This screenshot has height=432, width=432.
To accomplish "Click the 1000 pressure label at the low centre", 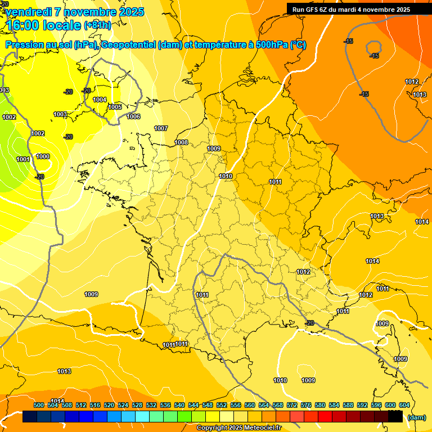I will [x=43, y=156].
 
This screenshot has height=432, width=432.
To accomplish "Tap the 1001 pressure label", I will [x=23, y=159].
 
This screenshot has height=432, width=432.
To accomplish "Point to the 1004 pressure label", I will [x=100, y=100].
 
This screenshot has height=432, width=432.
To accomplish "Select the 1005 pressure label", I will [x=115, y=107].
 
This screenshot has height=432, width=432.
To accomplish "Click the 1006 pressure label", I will [x=133, y=116].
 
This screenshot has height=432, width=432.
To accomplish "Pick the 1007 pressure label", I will [x=161, y=128].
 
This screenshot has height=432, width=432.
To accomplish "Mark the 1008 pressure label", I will [x=181, y=142].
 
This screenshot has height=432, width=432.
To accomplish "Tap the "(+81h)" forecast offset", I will [x=97, y=25].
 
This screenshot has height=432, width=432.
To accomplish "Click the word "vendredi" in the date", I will [x=29, y=12].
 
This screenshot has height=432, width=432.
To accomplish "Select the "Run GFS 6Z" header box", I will [x=359, y=10].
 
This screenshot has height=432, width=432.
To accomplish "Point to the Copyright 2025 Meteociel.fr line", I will [x=238, y=428].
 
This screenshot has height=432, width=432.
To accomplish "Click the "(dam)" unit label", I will [x=416, y=417].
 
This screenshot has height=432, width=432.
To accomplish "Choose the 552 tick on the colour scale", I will [x=222, y=405].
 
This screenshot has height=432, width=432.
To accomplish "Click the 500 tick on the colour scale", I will [x=39, y=405].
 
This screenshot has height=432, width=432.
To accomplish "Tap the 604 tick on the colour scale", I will [x=404, y=405].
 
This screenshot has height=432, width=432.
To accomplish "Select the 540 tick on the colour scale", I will [x=179, y=405].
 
